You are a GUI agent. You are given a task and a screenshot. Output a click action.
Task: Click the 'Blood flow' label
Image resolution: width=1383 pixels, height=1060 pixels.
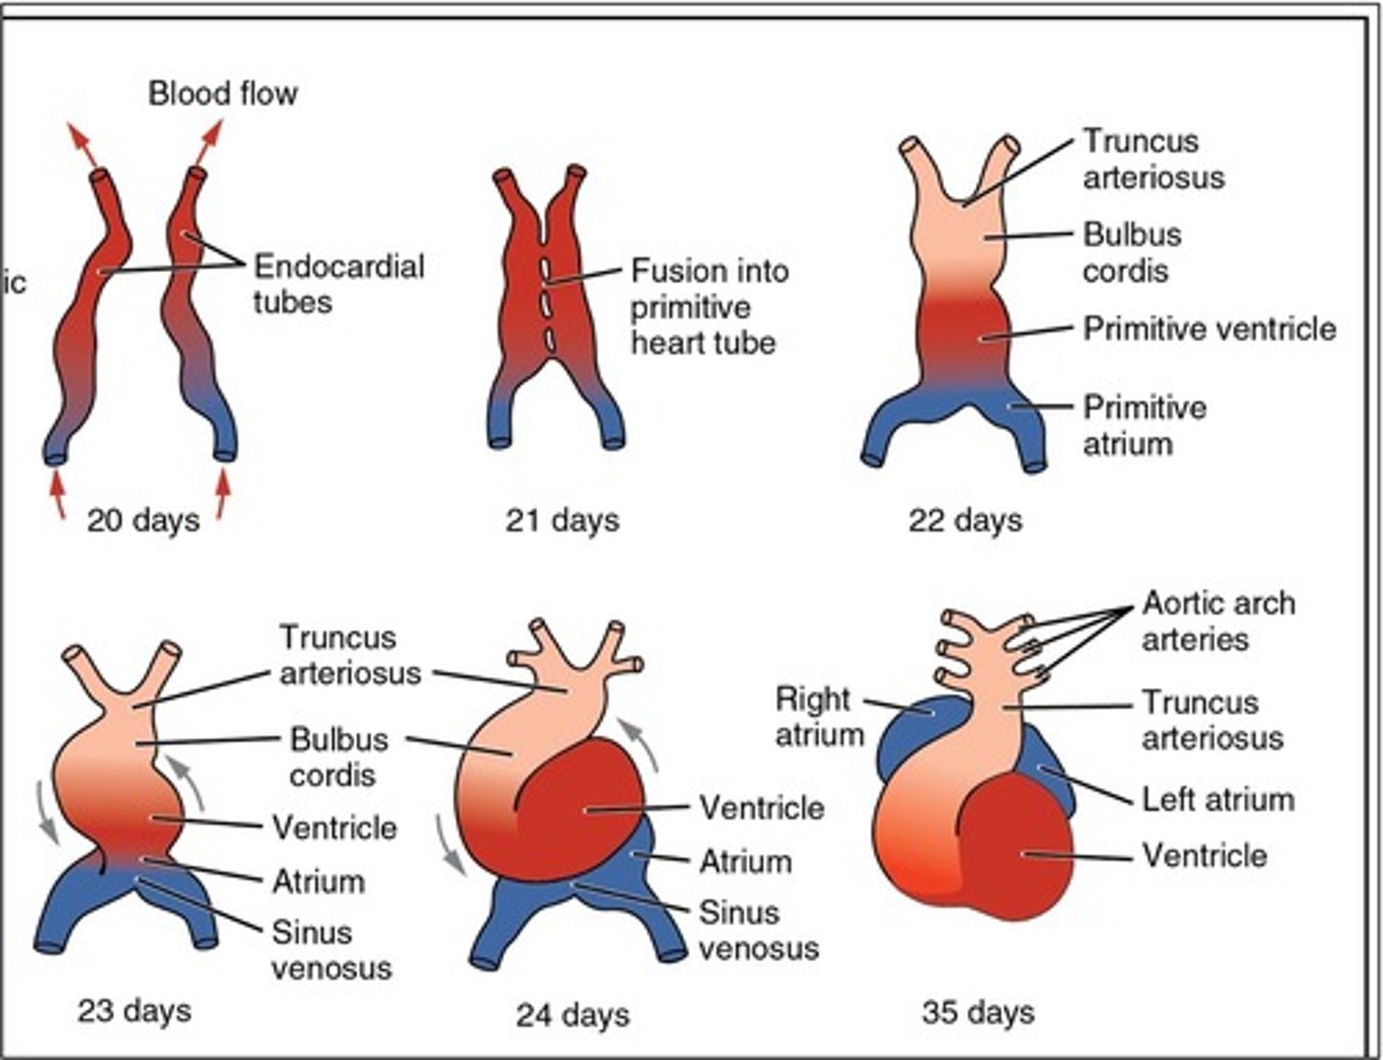click(223, 93)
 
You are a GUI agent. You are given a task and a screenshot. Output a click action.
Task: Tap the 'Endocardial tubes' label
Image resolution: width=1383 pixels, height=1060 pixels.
click(338, 283)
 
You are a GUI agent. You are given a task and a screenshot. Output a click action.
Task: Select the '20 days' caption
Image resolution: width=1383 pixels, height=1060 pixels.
click(143, 520)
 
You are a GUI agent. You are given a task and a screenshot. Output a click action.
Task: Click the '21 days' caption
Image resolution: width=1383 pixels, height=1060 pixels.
click(562, 520)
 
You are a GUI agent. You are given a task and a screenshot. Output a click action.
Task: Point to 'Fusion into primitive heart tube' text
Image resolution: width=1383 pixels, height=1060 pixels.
click(709, 307)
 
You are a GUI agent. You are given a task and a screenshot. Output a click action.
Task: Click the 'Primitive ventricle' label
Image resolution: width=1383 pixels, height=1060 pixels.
click(1209, 329)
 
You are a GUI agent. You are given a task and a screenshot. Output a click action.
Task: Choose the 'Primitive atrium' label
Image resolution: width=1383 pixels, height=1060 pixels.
click(1144, 425)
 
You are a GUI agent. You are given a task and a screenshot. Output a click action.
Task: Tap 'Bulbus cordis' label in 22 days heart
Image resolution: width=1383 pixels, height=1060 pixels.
click(1131, 253)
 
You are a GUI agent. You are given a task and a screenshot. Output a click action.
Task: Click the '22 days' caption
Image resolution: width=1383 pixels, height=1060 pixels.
click(965, 520)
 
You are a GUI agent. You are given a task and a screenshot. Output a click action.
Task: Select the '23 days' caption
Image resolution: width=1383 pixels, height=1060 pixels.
click(133, 1010)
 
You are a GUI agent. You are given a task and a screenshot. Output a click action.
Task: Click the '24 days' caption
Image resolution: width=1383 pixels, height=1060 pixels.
click(572, 1015)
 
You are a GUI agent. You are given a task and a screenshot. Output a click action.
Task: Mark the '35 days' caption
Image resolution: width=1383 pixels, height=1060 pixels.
click(978, 1012)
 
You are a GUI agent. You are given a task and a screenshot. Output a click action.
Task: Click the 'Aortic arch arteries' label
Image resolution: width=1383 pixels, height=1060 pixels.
click(1218, 622)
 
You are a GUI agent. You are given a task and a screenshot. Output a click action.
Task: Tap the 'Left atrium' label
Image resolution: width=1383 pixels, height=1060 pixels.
click(1217, 800)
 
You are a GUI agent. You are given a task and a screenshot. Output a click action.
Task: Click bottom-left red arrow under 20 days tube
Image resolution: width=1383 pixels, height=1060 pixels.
click(58, 495)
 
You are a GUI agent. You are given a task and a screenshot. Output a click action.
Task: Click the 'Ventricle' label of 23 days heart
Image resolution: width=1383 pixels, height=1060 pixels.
click(333, 827)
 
